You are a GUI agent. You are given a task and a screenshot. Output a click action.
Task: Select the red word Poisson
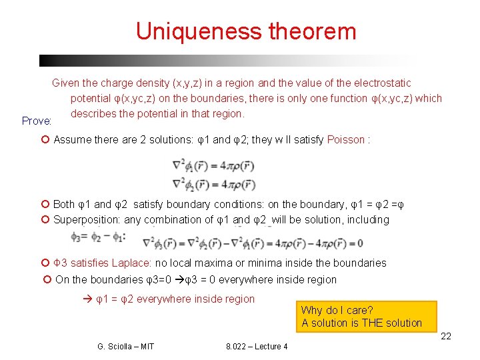pos(346,140)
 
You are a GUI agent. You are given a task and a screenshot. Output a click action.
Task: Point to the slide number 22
pos(446,336)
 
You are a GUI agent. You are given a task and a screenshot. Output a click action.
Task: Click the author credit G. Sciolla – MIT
pos(125,346)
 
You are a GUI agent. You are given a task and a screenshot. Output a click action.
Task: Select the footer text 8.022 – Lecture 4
pos(257,346)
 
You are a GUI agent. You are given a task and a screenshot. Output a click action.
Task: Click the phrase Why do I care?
pos(337,310)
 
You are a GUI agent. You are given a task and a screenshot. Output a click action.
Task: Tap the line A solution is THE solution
pos(361,323)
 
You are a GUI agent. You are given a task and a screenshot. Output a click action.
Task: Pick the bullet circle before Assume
pos(45,140)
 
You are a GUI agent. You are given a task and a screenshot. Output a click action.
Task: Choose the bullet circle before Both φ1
pos(45,205)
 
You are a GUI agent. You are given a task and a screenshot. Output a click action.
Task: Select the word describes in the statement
pos(93,113)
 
